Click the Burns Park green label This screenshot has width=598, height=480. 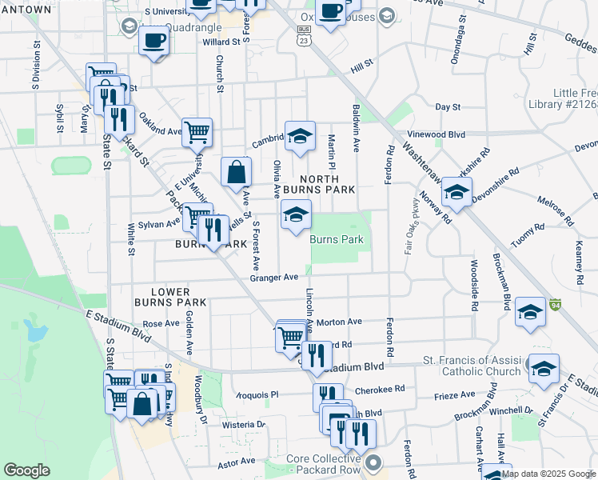pyautogui.click(x=337, y=239)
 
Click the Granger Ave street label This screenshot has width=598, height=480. pyautogui.click(x=273, y=278)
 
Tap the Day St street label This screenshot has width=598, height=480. pyautogui.click(x=448, y=106)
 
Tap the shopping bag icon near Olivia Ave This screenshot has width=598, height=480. pyautogui.click(x=237, y=172)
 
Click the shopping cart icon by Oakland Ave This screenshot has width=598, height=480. pyautogui.click(x=196, y=132)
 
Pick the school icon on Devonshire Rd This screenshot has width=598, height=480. pyautogui.click(x=456, y=193)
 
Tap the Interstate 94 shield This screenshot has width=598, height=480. pyautogui.click(x=554, y=305)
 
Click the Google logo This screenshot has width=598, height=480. pyautogui.click(x=26, y=470)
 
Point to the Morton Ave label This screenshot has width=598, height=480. pyautogui.click(x=339, y=322)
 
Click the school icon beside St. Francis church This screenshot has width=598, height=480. pyautogui.click(x=543, y=369)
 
